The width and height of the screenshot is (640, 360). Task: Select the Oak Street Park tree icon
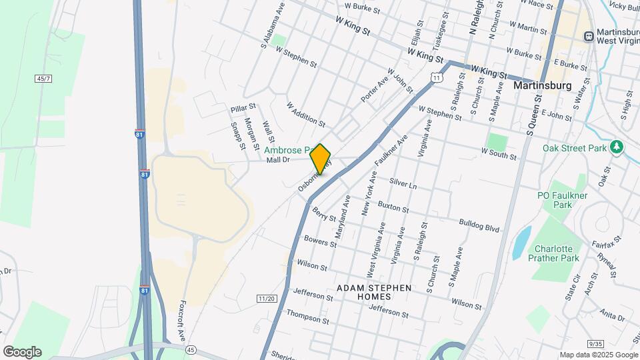pos(617,146)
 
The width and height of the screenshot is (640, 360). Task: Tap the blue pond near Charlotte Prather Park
pos(521,243)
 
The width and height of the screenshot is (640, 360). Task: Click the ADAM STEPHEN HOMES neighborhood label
pos(373,291)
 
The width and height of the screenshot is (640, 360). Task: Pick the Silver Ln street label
pos(403,184)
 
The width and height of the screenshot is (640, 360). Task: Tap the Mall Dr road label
pos(277,160)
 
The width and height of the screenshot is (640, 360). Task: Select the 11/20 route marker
pos(266,298)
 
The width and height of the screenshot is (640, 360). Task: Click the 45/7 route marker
pos(43,79)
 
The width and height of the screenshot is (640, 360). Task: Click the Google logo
pos(22,352)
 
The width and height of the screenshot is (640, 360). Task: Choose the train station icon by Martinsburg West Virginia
pos(589,36)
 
